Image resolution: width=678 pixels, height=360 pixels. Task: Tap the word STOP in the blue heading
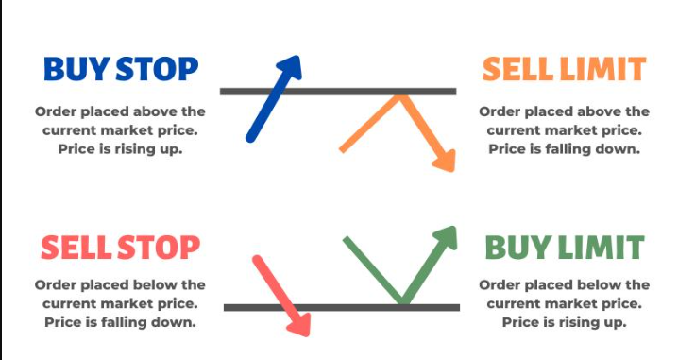click(158, 69)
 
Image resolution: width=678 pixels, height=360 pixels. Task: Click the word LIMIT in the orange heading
click(602, 69)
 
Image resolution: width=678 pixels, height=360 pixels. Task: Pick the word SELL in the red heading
click(76, 248)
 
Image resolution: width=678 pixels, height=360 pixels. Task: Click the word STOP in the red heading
click(159, 248)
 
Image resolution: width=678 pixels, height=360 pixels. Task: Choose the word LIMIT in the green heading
click(601, 248)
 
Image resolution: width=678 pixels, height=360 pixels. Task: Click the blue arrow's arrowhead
click(290, 67)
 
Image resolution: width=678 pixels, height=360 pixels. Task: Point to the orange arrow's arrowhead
click(445, 161)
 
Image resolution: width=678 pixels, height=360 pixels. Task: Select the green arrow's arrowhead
click(446, 238)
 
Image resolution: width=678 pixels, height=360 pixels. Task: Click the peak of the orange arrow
click(400, 97)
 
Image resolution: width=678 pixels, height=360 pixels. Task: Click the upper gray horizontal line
click(338, 92)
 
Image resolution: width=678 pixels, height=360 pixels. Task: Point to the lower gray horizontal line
click(342, 308)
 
